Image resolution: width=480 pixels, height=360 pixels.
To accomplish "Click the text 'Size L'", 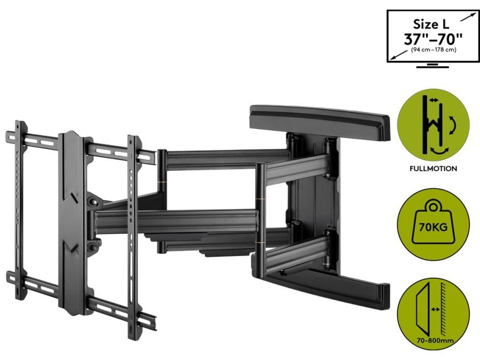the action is pyautogui.click(x=431, y=24).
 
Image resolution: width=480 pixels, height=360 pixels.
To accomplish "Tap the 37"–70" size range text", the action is pyautogui.click(x=433, y=39).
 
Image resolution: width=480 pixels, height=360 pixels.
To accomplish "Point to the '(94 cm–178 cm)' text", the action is pyautogui.click(x=434, y=50).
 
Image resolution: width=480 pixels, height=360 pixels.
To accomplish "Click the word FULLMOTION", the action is pyautogui.click(x=433, y=169).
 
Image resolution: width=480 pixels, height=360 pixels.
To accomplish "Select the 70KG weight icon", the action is pyautogui.click(x=433, y=224).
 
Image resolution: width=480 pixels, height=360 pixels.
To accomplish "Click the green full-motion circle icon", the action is pyautogui.click(x=433, y=126).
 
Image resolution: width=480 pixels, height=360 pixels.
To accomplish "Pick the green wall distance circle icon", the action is pyautogui.click(x=433, y=313).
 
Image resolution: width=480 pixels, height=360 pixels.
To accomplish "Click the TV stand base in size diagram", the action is pyautogui.click(x=433, y=65).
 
